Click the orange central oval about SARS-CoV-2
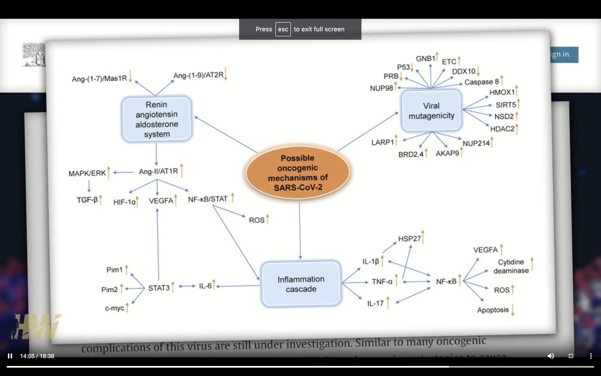point(297,173)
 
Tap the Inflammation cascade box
point(301,284)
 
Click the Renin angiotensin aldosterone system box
point(157,119)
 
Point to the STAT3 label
point(159,287)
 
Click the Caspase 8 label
point(481,82)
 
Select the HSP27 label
point(409,239)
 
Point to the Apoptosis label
point(493,310)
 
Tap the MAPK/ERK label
point(87,173)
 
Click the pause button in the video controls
point(10,356)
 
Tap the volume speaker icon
point(550,356)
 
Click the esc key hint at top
point(283,29)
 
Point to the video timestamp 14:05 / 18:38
point(37,356)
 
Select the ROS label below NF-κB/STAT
point(256,220)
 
